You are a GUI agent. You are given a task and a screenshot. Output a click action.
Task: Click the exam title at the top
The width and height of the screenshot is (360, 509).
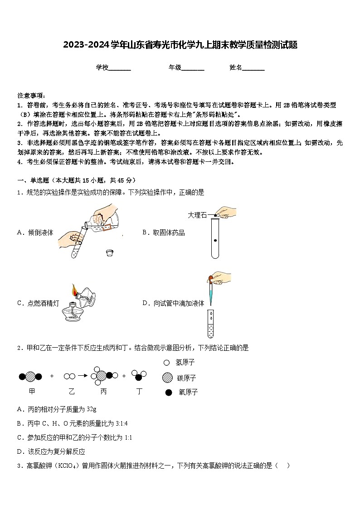point(180,45)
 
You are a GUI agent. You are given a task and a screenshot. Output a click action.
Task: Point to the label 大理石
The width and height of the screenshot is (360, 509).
point(197,215)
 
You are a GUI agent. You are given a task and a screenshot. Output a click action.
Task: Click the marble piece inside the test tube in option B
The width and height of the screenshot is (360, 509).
point(215,240)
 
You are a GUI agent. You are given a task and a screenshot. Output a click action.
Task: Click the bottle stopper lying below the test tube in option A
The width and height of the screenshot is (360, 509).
point(109,252)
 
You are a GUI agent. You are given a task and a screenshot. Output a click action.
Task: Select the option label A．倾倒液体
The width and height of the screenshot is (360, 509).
point(35,233)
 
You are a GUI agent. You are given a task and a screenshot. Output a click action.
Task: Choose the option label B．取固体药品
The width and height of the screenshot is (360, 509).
point(164,233)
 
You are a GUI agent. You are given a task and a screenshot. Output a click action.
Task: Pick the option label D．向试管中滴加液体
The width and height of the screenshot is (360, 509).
point(173,303)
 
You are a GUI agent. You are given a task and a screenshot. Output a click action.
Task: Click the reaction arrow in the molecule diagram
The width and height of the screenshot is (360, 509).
point(83,376)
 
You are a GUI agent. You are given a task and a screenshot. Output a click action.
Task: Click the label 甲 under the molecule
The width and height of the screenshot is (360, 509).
point(32,391)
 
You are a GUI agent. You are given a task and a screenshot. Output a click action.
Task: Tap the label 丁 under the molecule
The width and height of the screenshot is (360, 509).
point(140,391)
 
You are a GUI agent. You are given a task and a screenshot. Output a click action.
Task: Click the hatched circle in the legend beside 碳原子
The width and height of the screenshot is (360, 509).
point(167,378)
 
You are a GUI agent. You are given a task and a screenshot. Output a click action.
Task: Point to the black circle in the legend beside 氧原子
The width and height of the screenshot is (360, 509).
point(169,393)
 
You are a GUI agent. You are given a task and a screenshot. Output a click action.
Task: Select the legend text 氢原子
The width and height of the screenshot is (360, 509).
point(185,363)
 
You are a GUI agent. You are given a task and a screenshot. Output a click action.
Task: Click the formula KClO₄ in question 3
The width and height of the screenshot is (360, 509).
point(67,465)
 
